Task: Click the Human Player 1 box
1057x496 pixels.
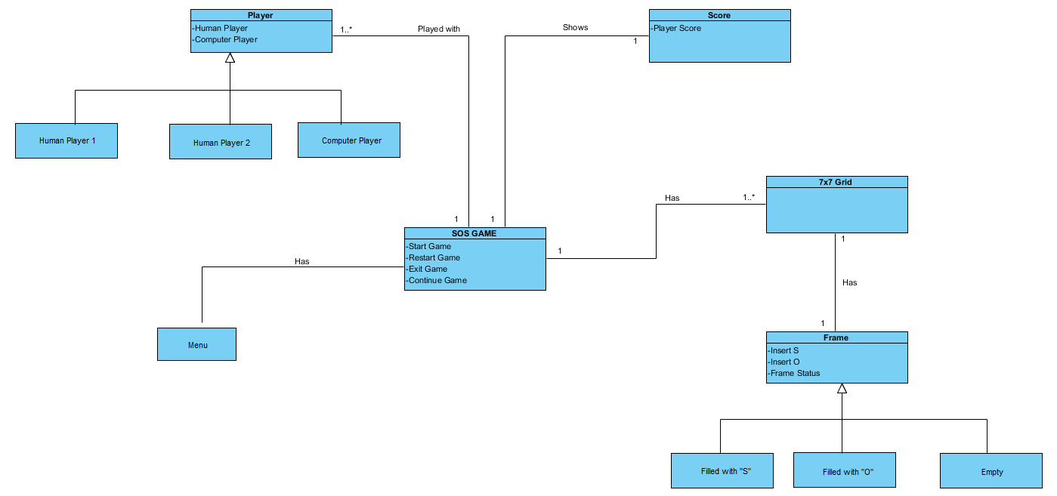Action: tap(66, 140)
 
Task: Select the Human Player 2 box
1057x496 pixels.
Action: tap(221, 142)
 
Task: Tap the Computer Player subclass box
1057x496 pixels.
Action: tap(349, 140)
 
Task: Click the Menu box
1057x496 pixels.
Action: tap(196, 344)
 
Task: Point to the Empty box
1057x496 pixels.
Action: tap(991, 471)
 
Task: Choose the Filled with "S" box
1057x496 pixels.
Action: tap(722, 471)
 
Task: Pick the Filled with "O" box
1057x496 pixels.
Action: tap(845, 471)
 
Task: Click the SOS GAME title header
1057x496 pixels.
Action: tap(474, 233)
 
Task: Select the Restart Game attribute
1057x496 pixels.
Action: tap(434, 257)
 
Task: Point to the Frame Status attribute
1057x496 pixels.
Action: tap(794, 373)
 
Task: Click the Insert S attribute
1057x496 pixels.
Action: tap(783, 350)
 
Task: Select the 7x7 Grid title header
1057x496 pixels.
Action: tap(836, 182)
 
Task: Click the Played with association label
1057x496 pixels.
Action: tap(438, 29)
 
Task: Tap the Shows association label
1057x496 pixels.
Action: tap(575, 27)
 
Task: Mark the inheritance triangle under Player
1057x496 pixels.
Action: tap(230, 57)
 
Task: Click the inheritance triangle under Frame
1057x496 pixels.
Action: tap(842, 388)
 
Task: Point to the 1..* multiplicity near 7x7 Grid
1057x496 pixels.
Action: tap(748, 197)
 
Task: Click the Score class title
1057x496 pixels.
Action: tap(719, 15)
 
